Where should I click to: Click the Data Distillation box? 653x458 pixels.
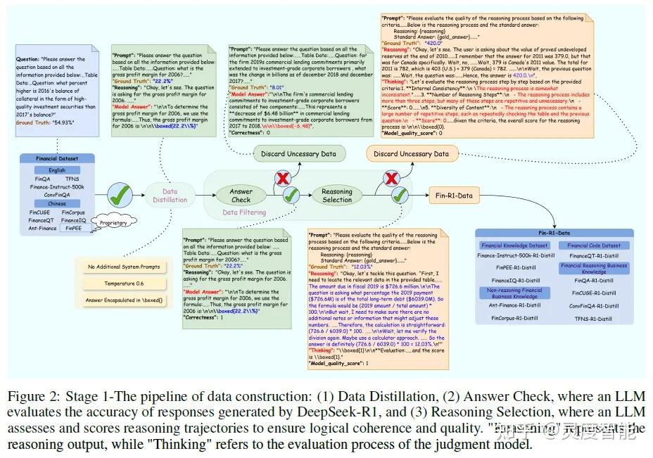[170, 195]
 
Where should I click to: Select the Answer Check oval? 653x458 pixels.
[241, 195]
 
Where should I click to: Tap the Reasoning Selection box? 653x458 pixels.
[337, 195]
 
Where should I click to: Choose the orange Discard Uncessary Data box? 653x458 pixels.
[411, 153]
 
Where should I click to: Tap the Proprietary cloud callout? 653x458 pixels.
[113, 222]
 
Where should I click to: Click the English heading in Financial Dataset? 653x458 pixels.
[57, 170]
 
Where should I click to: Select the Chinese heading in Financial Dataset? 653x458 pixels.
[57, 203]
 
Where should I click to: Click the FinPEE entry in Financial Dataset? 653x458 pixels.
[73, 228]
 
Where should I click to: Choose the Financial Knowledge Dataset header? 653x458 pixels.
[514, 246]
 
